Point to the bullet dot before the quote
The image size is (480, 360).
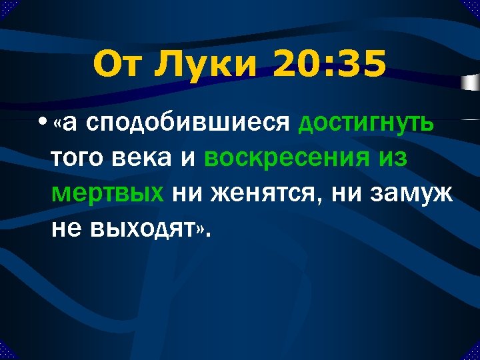[43, 125]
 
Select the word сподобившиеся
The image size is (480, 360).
[189, 125]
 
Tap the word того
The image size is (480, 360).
[79, 160]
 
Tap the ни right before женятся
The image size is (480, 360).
[186, 195]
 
